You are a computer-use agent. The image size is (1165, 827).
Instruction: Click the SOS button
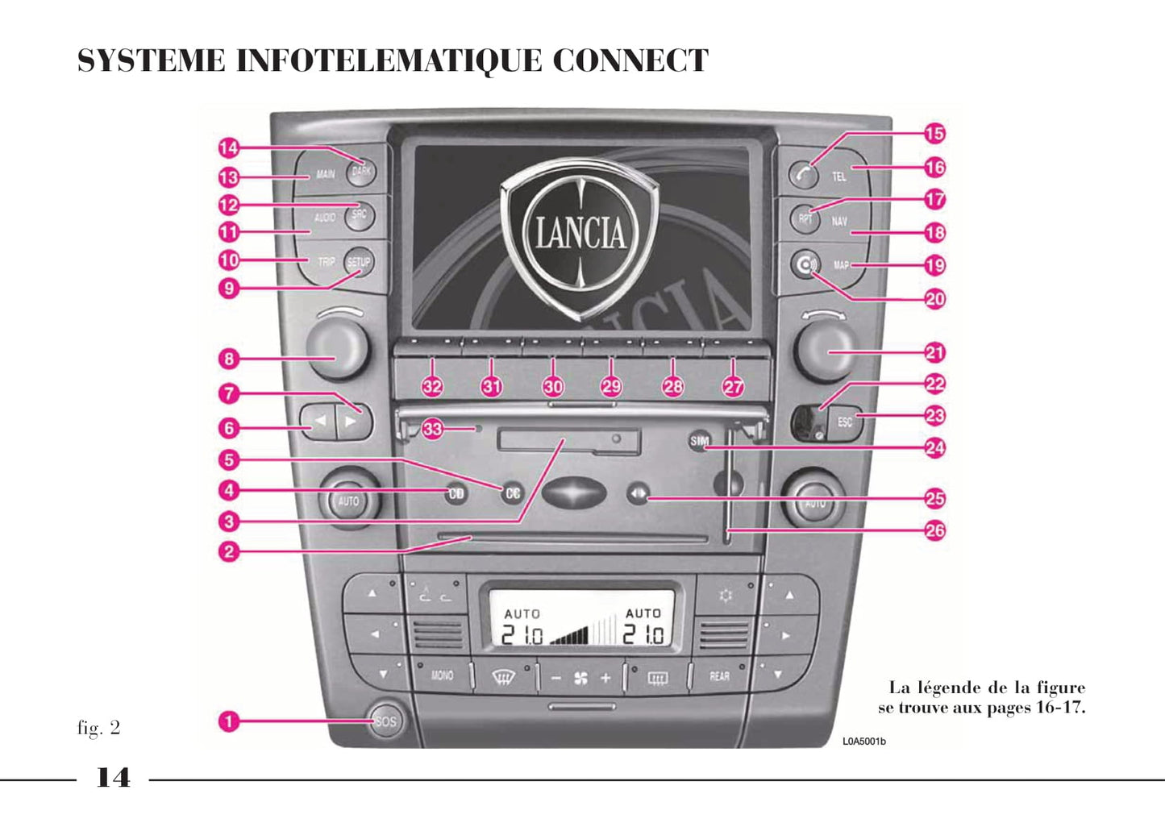[386, 721]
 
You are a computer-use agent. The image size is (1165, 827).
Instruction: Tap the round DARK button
[361, 171]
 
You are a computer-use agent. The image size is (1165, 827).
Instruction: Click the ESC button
[845, 422]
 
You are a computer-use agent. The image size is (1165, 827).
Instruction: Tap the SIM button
[699, 441]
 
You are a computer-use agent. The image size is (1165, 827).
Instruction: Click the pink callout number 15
[934, 134]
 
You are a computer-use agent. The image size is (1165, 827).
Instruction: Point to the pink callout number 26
[934, 530]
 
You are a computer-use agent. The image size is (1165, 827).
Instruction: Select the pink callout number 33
[433, 429]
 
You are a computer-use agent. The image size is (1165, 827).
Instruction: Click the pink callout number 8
[229, 359]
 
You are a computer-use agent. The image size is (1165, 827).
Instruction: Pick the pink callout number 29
[611, 386]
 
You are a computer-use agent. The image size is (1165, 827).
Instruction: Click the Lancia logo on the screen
[580, 234]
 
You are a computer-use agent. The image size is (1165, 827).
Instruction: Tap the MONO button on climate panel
[442, 675]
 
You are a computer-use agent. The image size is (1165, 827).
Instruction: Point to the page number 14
[113, 778]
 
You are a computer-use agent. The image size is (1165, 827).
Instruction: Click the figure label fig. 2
[98, 728]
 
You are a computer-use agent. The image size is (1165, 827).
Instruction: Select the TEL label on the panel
[839, 176]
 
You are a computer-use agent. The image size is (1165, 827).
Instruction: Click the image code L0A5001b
[863, 742]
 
